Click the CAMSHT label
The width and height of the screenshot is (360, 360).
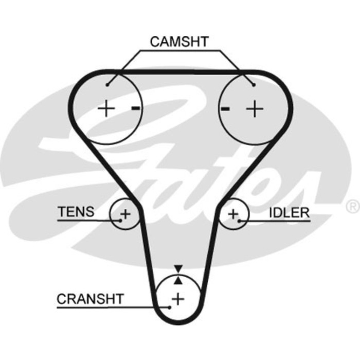[179, 42]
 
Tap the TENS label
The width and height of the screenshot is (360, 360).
[76, 211]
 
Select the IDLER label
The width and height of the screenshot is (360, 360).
[289, 212]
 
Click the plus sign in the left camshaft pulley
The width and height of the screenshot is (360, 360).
[106, 109]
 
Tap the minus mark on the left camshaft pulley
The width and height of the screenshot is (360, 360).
[135, 108]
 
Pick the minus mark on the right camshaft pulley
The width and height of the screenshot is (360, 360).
[224, 109]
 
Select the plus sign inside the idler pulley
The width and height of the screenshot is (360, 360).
[233, 213]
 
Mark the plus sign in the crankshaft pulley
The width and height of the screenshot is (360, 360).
[178, 298]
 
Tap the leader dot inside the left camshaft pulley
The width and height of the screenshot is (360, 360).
[107, 85]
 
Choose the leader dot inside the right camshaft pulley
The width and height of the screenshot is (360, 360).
[253, 85]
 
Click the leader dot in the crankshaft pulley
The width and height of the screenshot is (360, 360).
[168, 307]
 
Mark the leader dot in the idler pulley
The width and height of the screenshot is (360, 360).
[239, 220]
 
